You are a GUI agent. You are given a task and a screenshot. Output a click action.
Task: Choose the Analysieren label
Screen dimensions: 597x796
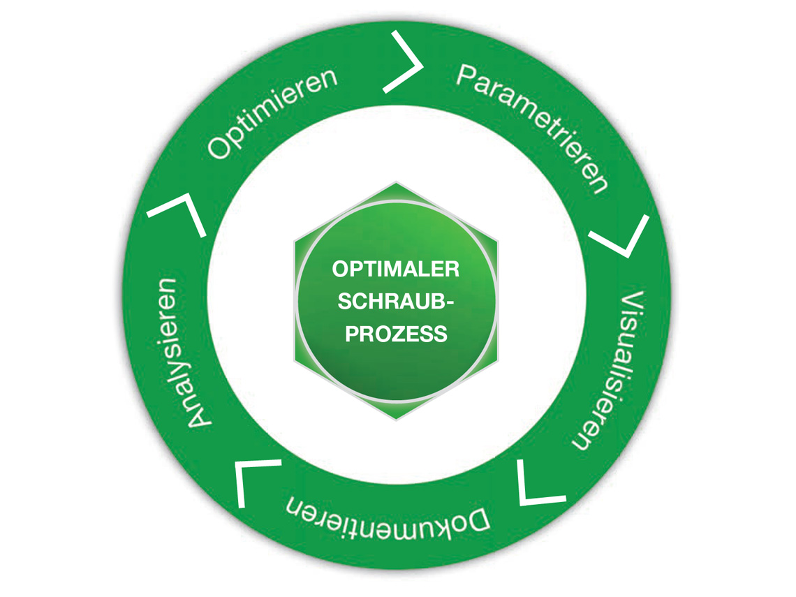(x=179, y=353)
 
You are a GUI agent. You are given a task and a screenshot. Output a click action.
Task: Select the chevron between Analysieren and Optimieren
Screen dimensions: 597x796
(x=180, y=213)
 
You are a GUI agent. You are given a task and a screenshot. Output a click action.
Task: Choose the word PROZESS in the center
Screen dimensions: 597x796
(x=396, y=334)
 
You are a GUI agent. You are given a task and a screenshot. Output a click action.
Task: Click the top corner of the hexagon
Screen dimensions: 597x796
(x=396, y=182)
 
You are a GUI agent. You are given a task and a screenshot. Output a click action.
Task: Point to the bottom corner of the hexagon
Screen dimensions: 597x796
(x=396, y=420)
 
